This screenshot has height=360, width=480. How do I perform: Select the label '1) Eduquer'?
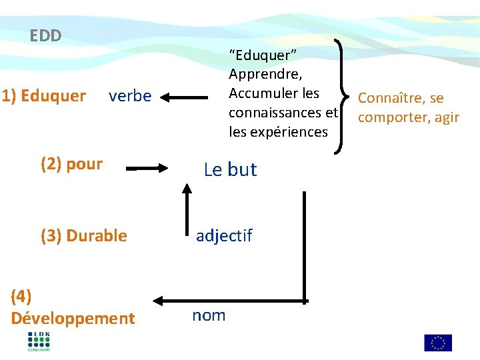click(44, 97)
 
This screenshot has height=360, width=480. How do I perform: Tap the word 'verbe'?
click(130, 97)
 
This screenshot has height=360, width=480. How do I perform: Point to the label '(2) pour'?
click(71, 165)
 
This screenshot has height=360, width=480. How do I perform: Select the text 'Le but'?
click(230, 170)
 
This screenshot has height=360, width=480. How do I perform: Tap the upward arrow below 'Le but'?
click(187, 207)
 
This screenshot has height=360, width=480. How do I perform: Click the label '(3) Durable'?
click(83, 235)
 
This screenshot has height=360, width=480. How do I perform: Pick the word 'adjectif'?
click(224, 235)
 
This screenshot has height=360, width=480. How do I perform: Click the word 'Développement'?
click(73, 319)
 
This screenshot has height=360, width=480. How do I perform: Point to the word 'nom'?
click(209, 315)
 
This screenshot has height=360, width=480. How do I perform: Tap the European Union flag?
click(438, 343)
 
